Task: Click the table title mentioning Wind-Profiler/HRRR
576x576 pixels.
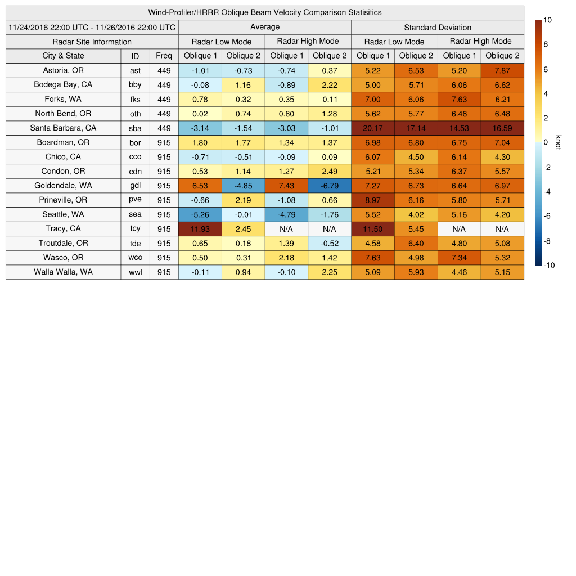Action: point(265,12)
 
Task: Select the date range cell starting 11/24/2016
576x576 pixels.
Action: point(92,27)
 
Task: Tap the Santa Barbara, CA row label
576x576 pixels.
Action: point(63,128)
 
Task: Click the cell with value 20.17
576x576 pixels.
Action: point(372,128)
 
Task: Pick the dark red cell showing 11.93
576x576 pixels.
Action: point(200,229)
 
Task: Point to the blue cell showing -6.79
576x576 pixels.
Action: point(329,186)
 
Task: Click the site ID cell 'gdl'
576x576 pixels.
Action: point(135,186)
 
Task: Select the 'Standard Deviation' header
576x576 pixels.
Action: point(438,27)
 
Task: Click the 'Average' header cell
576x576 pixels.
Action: point(264,27)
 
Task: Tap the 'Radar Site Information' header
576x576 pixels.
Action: point(92,42)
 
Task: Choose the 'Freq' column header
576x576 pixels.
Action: point(164,56)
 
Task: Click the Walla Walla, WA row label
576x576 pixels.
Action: point(63,272)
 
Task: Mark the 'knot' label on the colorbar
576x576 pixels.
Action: point(558,143)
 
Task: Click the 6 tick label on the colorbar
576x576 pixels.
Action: point(546,69)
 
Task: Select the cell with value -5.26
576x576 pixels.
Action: point(200,214)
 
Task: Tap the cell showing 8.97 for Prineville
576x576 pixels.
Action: point(372,200)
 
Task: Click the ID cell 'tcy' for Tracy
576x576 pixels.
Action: point(135,229)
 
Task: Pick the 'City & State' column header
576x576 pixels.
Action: point(63,56)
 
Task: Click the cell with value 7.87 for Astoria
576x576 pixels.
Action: point(502,70)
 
